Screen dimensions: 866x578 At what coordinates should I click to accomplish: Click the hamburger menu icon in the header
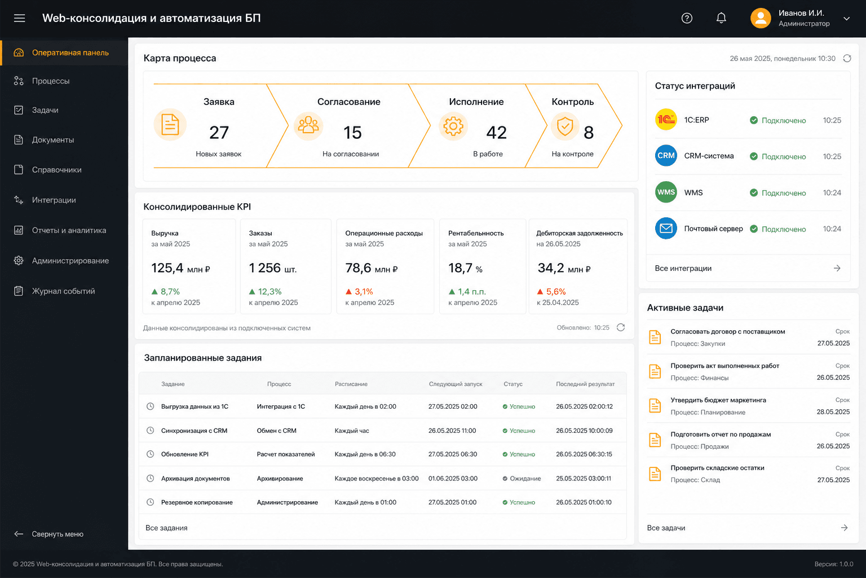(19, 18)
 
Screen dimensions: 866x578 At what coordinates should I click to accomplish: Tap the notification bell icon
(721, 18)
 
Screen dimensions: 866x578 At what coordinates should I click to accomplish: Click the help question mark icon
(687, 18)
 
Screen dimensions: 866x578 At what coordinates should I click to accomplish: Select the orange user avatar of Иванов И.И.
(761, 18)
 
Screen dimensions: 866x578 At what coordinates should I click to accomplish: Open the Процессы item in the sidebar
(51, 81)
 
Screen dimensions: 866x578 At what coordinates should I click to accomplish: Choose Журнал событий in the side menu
(63, 291)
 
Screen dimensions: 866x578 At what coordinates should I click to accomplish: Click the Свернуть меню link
(58, 534)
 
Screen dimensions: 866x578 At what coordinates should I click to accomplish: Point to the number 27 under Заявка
(219, 133)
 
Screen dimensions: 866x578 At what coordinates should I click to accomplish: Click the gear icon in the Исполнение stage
(453, 126)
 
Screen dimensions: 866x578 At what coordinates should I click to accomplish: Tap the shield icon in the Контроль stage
(565, 126)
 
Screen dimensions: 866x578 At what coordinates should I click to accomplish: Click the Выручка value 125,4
(167, 268)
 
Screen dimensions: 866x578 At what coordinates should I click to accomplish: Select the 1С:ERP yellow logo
(666, 120)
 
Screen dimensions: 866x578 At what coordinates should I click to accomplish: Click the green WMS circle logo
(666, 192)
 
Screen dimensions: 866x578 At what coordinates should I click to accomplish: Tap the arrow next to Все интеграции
(837, 268)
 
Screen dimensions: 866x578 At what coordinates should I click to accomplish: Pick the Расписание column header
(351, 384)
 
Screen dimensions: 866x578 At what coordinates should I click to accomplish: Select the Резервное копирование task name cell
(197, 502)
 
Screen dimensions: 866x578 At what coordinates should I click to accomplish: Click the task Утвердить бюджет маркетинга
(718, 400)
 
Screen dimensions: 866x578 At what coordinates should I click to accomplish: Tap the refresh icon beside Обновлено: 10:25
(621, 327)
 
